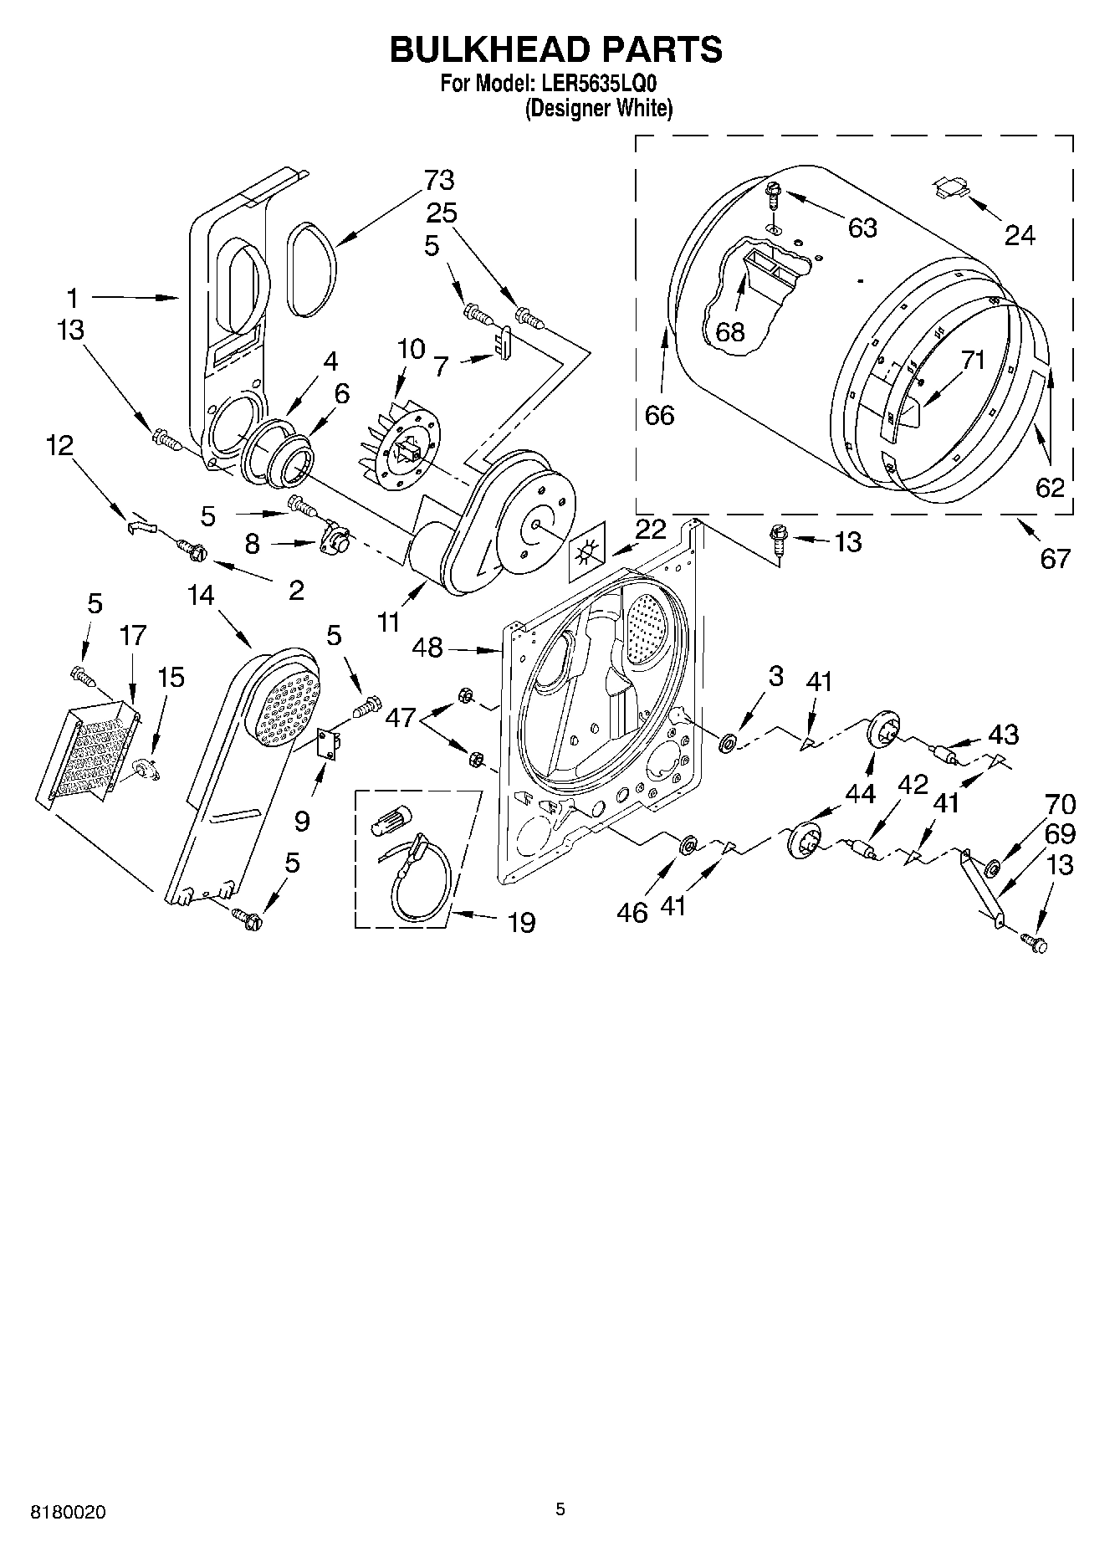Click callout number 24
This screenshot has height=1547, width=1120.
coord(1020,236)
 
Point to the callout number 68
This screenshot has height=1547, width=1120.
coord(729,332)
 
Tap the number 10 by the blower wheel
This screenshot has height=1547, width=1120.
coord(411,349)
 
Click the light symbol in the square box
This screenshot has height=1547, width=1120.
coord(589,552)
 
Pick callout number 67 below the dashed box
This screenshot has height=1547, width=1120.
coord(1055,557)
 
